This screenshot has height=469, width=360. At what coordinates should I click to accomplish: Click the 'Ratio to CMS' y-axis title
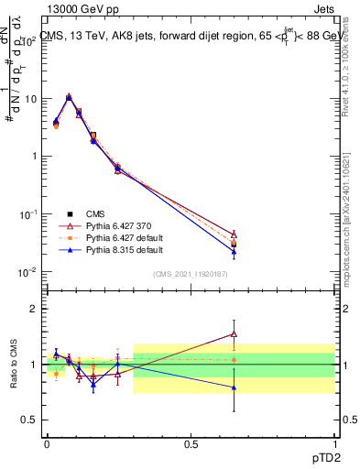coord(14,363)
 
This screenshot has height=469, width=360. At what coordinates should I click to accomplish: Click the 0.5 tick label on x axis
coord(190,442)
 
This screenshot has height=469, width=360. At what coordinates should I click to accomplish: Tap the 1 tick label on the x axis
coord(333,442)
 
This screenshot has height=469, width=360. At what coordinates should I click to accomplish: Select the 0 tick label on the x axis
coord(47,442)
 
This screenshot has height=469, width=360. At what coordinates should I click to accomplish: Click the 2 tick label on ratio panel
coord(34,309)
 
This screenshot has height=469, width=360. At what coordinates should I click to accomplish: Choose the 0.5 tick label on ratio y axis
coord(30,420)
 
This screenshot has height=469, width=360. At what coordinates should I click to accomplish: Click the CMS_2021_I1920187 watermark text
coord(190,273)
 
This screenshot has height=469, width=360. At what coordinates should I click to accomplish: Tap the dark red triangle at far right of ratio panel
coord(234,333)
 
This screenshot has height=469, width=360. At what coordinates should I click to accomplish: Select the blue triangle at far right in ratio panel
coord(234,387)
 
